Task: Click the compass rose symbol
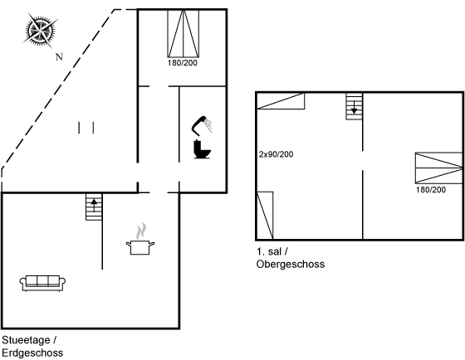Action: click(x=40, y=30)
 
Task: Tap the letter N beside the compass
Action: click(x=59, y=56)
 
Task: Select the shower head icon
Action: click(x=201, y=125)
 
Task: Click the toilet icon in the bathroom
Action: click(x=202, y=149)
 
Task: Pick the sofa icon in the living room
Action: click(x=42, y=283)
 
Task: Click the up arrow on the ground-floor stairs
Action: click(x=94, y=206)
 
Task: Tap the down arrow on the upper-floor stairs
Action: click(x=354, y=108)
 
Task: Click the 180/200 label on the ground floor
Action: click(x=183, y=63)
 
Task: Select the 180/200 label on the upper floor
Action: click(x=431, y=190)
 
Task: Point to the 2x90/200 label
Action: click(x=276, y=154)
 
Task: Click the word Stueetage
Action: click(x=26, y=340)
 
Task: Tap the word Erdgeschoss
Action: click(x=32, y=353)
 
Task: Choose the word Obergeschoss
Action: click(x=291, y=264)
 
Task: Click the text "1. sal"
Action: click(x=269, y=251)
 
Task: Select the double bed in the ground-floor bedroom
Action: click(x=184, y=33)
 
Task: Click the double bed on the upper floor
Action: click(x=439, y=168)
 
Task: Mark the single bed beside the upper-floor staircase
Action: click(x=281, y=101)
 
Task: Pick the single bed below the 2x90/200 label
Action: click(x=265, y=215)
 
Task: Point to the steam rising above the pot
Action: click(x=141, y=231)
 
